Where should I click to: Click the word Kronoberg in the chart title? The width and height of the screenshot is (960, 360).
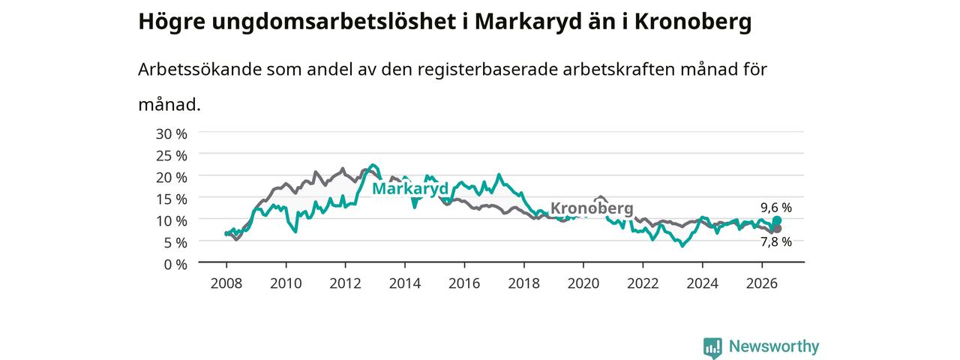point(692,22)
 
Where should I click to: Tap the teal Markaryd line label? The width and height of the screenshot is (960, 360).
point(410,188)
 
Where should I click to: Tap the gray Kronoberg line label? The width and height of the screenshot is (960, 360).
point(592,208)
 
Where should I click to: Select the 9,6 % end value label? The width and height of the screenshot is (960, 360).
point(776,208)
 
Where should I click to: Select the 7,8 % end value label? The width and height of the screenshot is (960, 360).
point(776,242)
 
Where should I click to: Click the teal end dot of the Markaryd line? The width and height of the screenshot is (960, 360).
point(777,220)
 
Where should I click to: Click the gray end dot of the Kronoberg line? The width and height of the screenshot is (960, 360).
point(777,229)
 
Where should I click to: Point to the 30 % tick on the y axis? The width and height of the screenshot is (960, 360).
point(172,134)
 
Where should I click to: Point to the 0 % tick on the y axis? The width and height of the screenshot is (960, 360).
point(175,265)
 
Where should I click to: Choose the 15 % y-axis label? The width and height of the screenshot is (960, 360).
point(172,199)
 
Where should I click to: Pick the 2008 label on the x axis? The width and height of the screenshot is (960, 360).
point(226,283)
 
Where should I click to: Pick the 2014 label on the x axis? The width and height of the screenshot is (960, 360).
point(404,283)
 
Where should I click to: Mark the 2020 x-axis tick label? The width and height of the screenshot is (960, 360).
point(583,283)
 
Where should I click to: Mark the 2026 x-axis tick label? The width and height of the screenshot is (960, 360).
point(761,283)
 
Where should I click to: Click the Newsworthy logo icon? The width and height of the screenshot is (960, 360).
point(712,347)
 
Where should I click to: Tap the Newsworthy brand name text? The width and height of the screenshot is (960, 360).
point(774,346)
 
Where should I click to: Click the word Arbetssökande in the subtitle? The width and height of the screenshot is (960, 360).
point(199,70)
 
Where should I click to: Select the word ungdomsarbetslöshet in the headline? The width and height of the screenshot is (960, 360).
point(334,22)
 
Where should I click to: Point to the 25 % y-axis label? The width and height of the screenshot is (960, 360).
point(172,155)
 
